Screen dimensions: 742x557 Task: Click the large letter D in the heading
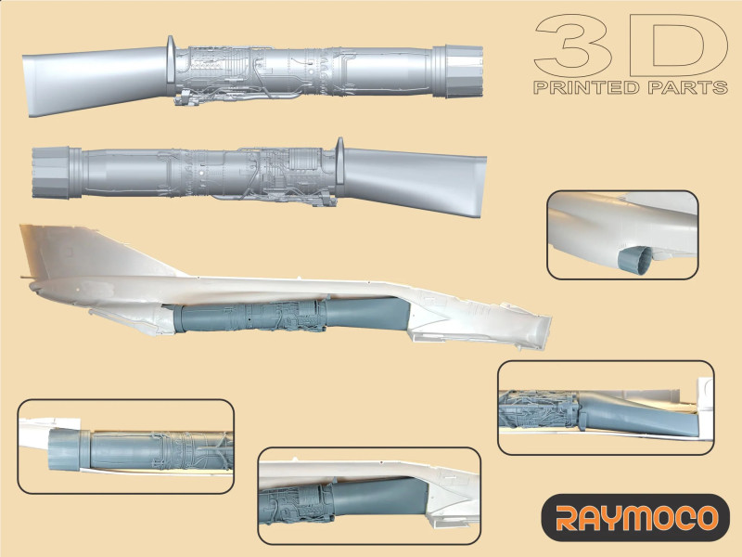pos(680,45)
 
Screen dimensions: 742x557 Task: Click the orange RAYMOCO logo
pos(636,518)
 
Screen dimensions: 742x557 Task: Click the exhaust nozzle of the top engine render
pos(458,71)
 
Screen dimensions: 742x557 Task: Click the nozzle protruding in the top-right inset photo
pos(634,261)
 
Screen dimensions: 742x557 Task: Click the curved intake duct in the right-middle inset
pos(639,413)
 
